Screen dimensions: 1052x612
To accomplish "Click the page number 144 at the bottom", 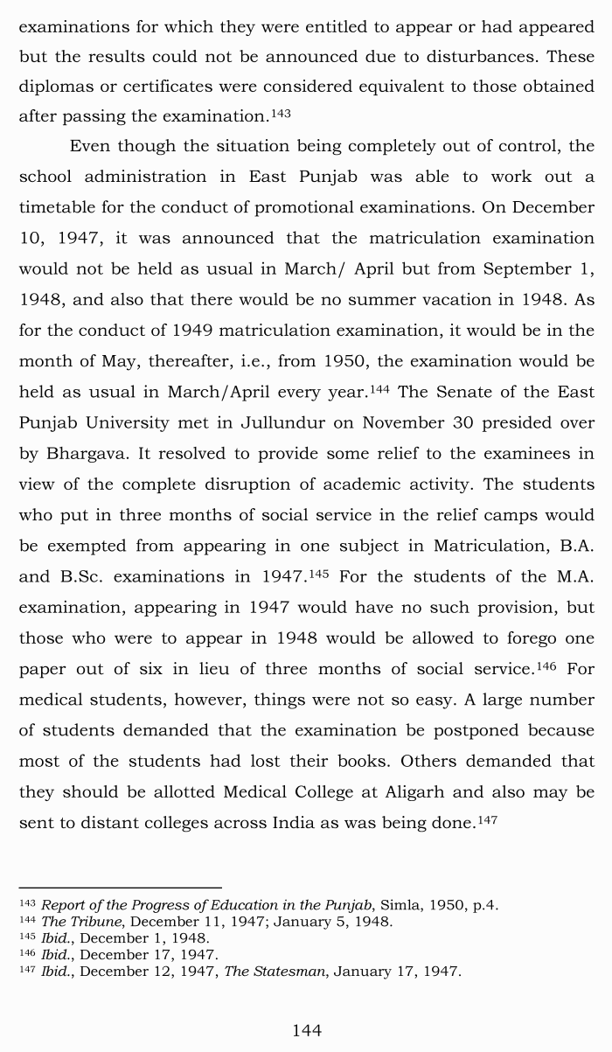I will click(306, 1031).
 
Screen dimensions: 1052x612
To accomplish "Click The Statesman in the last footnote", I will click(274, 972).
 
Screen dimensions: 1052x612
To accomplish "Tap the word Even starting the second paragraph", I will click(91, 146).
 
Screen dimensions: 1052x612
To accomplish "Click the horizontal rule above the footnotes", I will click(120, 888).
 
